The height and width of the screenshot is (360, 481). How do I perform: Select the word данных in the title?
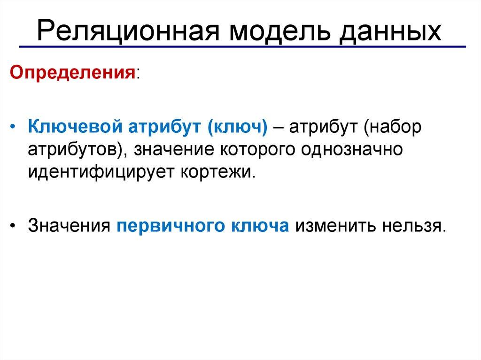tap(388, 32)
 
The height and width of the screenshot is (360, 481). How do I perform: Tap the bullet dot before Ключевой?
tap(15, 128)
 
